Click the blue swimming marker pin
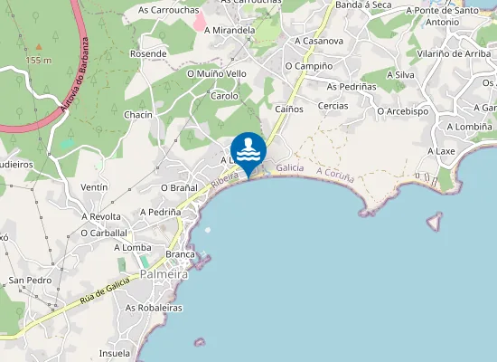click(x=248, y=151)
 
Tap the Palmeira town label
click(x=164, y=273)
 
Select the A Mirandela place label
click(x=230, y=30)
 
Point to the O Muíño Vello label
click(x=216, y=73)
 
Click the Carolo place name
click(x=224, y=95)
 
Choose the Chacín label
click(x=138, y=115)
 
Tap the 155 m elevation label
click(x=38, y=60)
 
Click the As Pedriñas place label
click(x=351, y=86)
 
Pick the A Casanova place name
click(x=319, y=41)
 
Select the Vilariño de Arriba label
click(x=455, y=53)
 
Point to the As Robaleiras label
click(x=154, y=308)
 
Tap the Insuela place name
click(x=115, y=353)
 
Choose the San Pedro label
click(x=30, y=281)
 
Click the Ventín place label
click(x=94, y=186)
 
